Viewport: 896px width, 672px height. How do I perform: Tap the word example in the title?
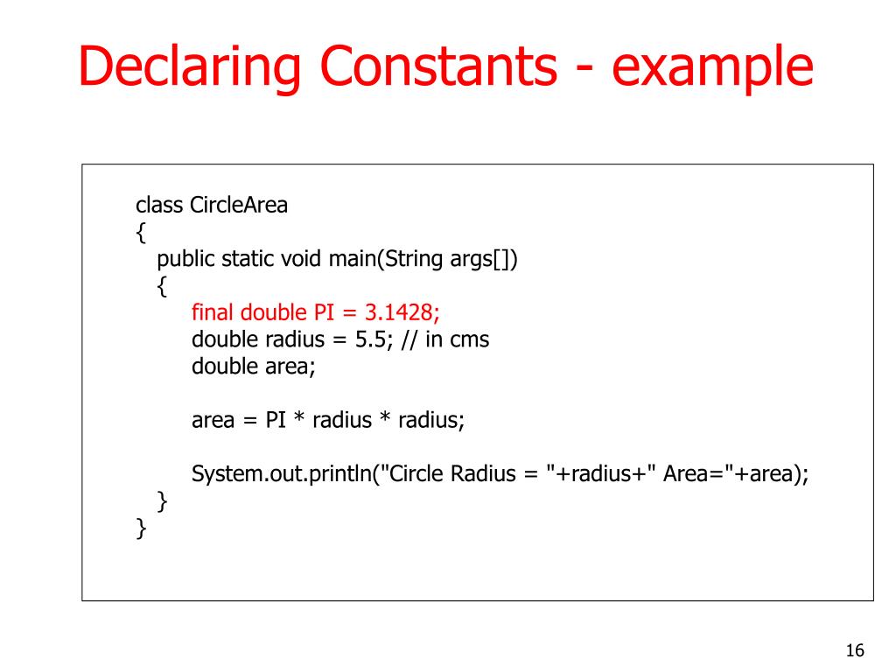713,69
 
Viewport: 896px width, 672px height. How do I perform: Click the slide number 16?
855,650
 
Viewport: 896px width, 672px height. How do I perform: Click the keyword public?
185,260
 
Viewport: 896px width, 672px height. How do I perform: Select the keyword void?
301,260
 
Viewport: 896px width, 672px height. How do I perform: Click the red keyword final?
213,312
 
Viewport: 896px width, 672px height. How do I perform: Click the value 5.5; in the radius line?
374,339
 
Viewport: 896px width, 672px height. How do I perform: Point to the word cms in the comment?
469,339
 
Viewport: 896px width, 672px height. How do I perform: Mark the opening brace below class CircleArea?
141,233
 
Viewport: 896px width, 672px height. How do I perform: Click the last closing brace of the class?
141,528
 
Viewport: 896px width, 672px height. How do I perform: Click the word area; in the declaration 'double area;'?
290,366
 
